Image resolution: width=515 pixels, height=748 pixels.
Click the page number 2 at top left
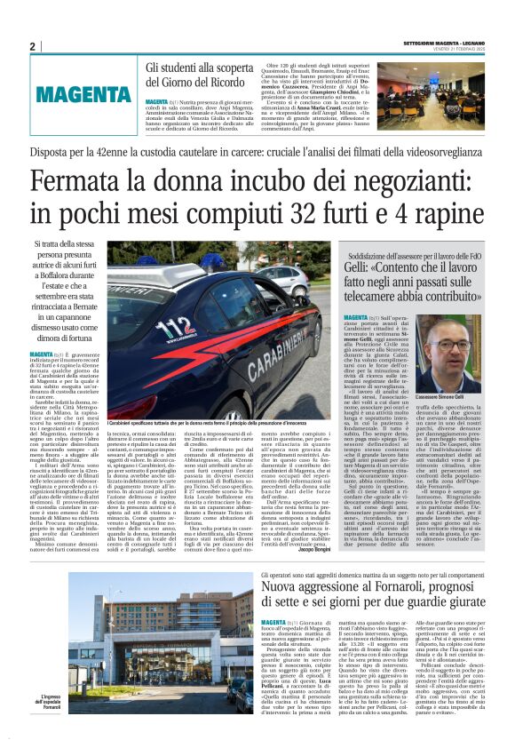coord(32,46)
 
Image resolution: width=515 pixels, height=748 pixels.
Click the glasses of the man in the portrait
coord(464,343)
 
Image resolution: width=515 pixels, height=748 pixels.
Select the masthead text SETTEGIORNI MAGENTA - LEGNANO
coord(445,42)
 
